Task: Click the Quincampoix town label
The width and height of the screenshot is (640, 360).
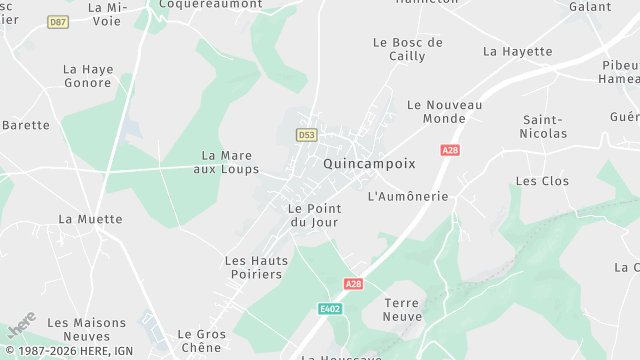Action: tap(369, 162)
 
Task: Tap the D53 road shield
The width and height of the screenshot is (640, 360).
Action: tap(306, 134)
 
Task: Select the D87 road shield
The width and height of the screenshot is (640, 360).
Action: tap(58, 21)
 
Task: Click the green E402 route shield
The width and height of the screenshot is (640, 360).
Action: tap(330, 309)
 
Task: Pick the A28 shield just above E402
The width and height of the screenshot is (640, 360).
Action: tap(353, 284)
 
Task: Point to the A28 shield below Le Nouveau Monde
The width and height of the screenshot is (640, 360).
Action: tap(450, 150)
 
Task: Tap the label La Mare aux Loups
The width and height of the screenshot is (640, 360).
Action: tap(227, 162)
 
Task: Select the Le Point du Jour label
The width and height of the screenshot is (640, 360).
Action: tap(314, 215)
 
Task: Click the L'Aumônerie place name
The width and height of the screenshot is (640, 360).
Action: tap(408, 196)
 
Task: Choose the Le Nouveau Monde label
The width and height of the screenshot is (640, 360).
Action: tap(445, 111)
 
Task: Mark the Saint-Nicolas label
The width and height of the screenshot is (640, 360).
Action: tap(544, 127)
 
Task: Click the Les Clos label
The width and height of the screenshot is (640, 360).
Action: tap(542, 181)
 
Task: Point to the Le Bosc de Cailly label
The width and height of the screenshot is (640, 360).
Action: tap(407, 49)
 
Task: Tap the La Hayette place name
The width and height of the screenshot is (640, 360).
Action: tap(517, 51)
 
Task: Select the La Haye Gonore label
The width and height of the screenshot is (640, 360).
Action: tap(88, 77)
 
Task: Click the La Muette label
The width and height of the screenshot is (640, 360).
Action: tap(90, 219)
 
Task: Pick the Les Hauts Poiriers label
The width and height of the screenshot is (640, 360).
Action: tap(256, 267)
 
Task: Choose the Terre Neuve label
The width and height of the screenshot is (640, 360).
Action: tap(404, 309)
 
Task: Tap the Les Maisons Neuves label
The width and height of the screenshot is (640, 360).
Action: tap(87, 330)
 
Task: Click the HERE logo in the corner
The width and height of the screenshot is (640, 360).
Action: tap(22, 326)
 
